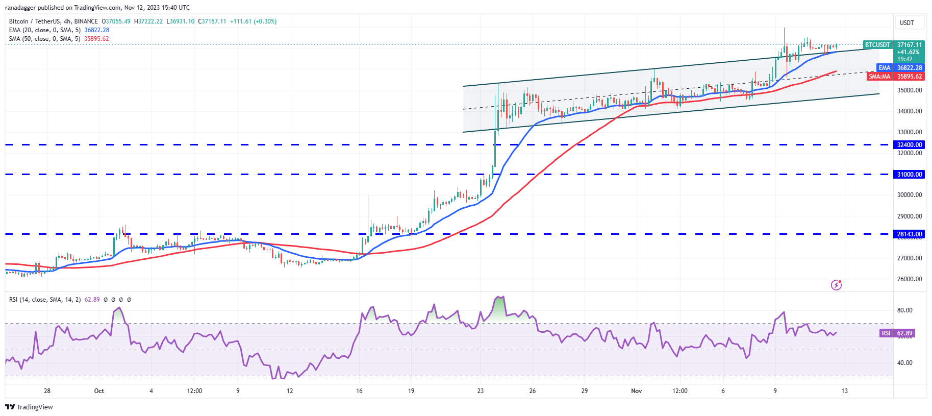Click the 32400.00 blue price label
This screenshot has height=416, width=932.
tap(910, 145)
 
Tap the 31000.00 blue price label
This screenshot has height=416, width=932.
tap(910, 175)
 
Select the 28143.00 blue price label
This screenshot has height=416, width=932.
tap(910, 234)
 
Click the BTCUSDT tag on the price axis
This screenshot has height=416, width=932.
tap(877, 45)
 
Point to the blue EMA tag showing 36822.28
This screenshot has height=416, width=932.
tap(884, 68)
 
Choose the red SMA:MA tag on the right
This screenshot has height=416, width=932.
tap(879, 77)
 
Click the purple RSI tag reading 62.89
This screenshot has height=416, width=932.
tap(886, 333)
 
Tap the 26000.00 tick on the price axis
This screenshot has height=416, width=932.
tap(910, 279)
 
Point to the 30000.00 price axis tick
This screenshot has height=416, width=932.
tap(910, 195)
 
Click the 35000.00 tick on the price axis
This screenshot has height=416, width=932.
tap(910, 90)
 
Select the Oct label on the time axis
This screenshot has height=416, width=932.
tap(99, 391)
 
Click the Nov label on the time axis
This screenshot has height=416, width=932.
tap(636, 391)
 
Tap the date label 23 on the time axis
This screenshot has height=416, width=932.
tap(480, 391)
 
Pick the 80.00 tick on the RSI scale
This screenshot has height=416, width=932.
tap(905, 310)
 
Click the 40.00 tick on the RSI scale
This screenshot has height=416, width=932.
tap(905, 363)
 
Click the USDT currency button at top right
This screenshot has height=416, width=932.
tap(906, 23)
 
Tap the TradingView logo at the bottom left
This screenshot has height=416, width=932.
tap(29, 407)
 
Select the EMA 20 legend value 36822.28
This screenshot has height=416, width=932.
tap(96, 30)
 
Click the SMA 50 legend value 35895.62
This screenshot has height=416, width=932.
tap(96, 39)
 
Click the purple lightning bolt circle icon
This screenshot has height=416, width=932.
tap(836, 285)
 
